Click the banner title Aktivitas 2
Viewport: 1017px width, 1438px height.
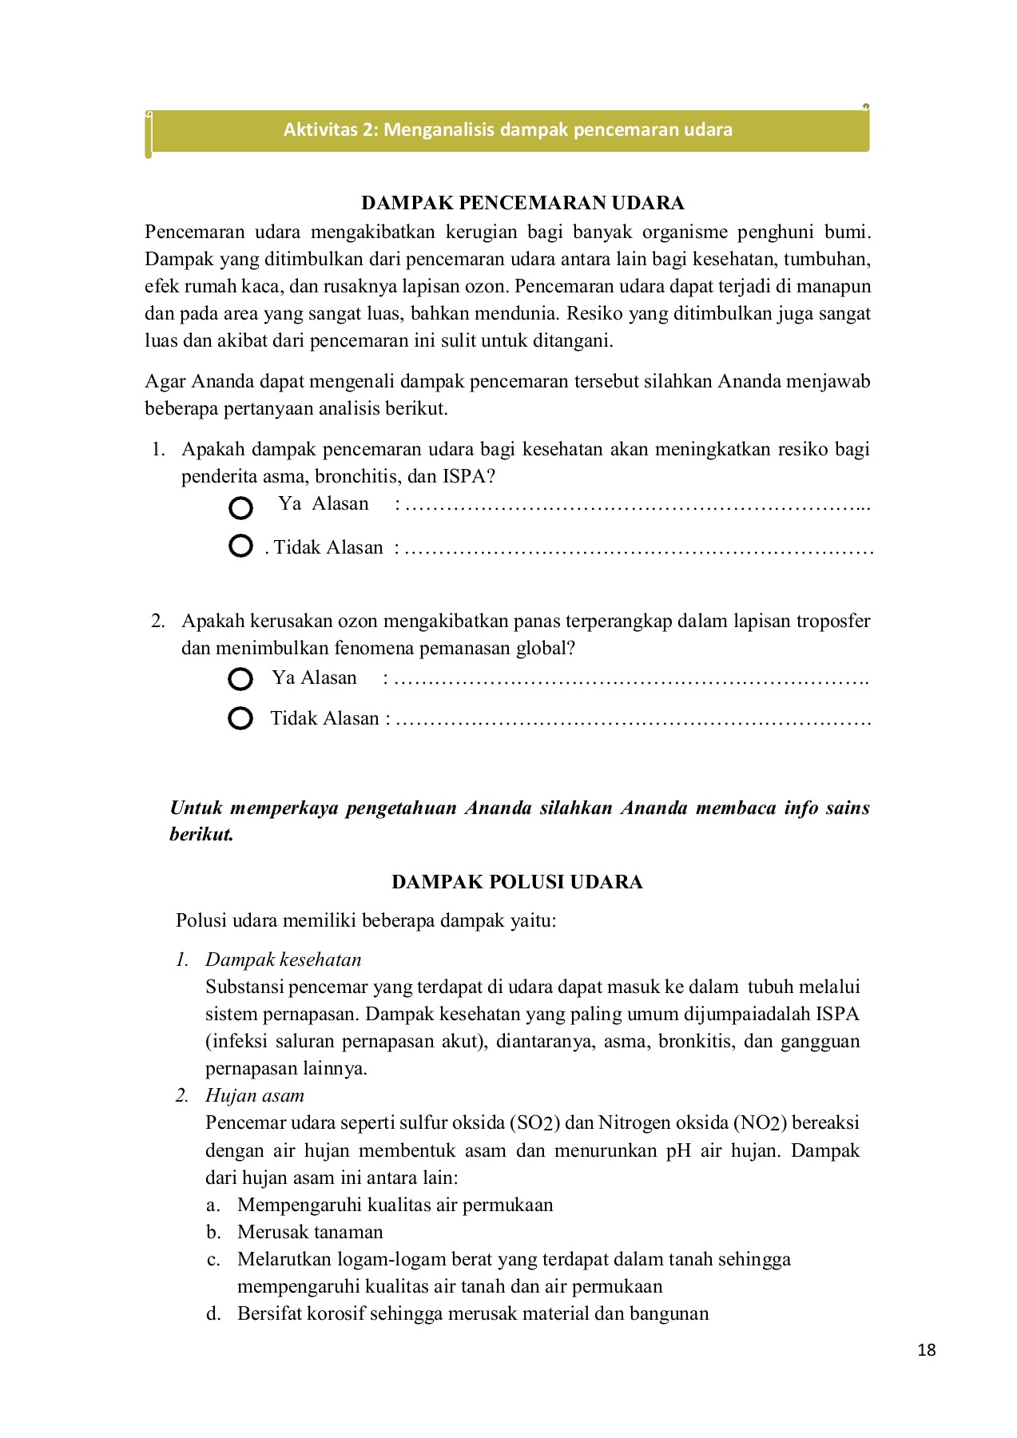pos(507,129)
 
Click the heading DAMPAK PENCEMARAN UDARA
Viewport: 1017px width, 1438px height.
pos(522,203)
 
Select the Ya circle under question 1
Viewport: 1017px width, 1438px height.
pos(240,508)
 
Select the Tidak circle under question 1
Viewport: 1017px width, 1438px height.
pos(240,546)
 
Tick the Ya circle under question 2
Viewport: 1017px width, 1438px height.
pos(240,680)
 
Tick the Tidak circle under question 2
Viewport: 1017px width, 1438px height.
pos(240,718)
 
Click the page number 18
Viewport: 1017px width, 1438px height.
pos(927,1350)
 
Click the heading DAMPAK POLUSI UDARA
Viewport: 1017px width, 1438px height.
pos(517,882)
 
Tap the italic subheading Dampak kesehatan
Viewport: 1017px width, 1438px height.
pos(283,959)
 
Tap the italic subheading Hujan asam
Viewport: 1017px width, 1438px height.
pos(254,1095)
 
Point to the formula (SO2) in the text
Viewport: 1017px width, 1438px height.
pos(534,1122)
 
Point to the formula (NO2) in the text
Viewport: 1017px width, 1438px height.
pos(761,1122)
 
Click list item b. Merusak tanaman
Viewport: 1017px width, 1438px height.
pos(310,1232)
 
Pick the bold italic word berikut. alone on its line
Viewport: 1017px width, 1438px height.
pos(201,835)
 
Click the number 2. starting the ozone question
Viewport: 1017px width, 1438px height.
pos(158,621)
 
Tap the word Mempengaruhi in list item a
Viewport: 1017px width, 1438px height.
pos(300,1205)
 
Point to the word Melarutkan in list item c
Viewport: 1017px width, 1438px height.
pos(284,1259)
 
